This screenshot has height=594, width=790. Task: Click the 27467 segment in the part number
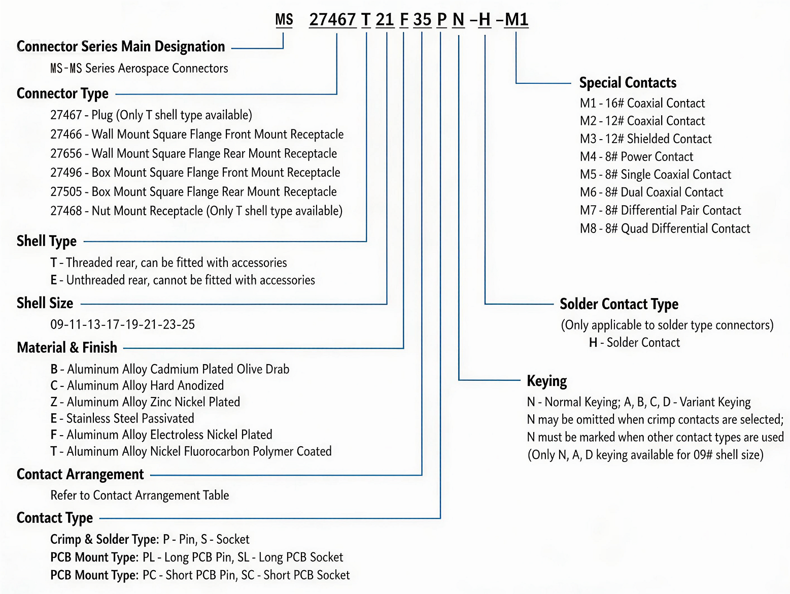click(332, 19)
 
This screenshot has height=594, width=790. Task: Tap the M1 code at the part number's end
click(517, 19)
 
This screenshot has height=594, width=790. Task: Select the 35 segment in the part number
click(422, 19)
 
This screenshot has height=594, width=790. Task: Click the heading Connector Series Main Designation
click(121, 46)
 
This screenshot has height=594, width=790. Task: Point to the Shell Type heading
click(47, 241)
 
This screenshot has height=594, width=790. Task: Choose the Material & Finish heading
click(67, 347)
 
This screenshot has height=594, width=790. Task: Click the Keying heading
click(546, 381)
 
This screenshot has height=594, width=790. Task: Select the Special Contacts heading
click(628, 83)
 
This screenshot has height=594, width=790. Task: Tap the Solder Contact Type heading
click(619, 304)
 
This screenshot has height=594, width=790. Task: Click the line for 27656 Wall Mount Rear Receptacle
click(194, 153)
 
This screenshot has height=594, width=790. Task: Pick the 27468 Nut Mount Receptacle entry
click(196, 211)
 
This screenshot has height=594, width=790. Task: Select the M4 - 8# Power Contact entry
click(636, 156)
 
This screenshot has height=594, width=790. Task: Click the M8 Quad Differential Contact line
click(665, 228)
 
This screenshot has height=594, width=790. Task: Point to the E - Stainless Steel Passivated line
click(122, 418)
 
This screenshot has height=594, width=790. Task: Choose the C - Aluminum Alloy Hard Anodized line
click(137, 385)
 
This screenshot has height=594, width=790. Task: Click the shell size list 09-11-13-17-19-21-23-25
click(122, 324)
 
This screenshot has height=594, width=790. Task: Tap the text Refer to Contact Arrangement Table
click(140, 496)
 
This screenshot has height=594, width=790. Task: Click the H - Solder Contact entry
click(634, 342)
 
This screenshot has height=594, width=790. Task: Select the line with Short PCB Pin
click(200, 575)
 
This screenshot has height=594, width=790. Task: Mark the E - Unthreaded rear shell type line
click(183, 280)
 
